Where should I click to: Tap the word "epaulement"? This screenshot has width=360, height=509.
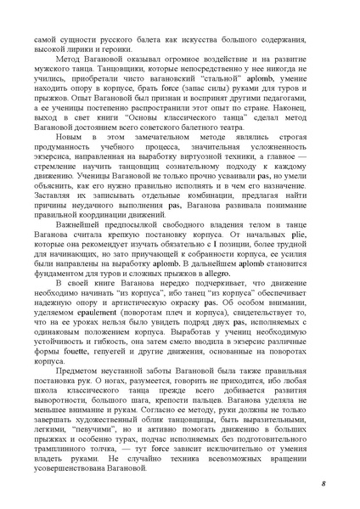(102, 314)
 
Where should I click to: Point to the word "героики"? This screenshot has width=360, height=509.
(124, 50)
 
